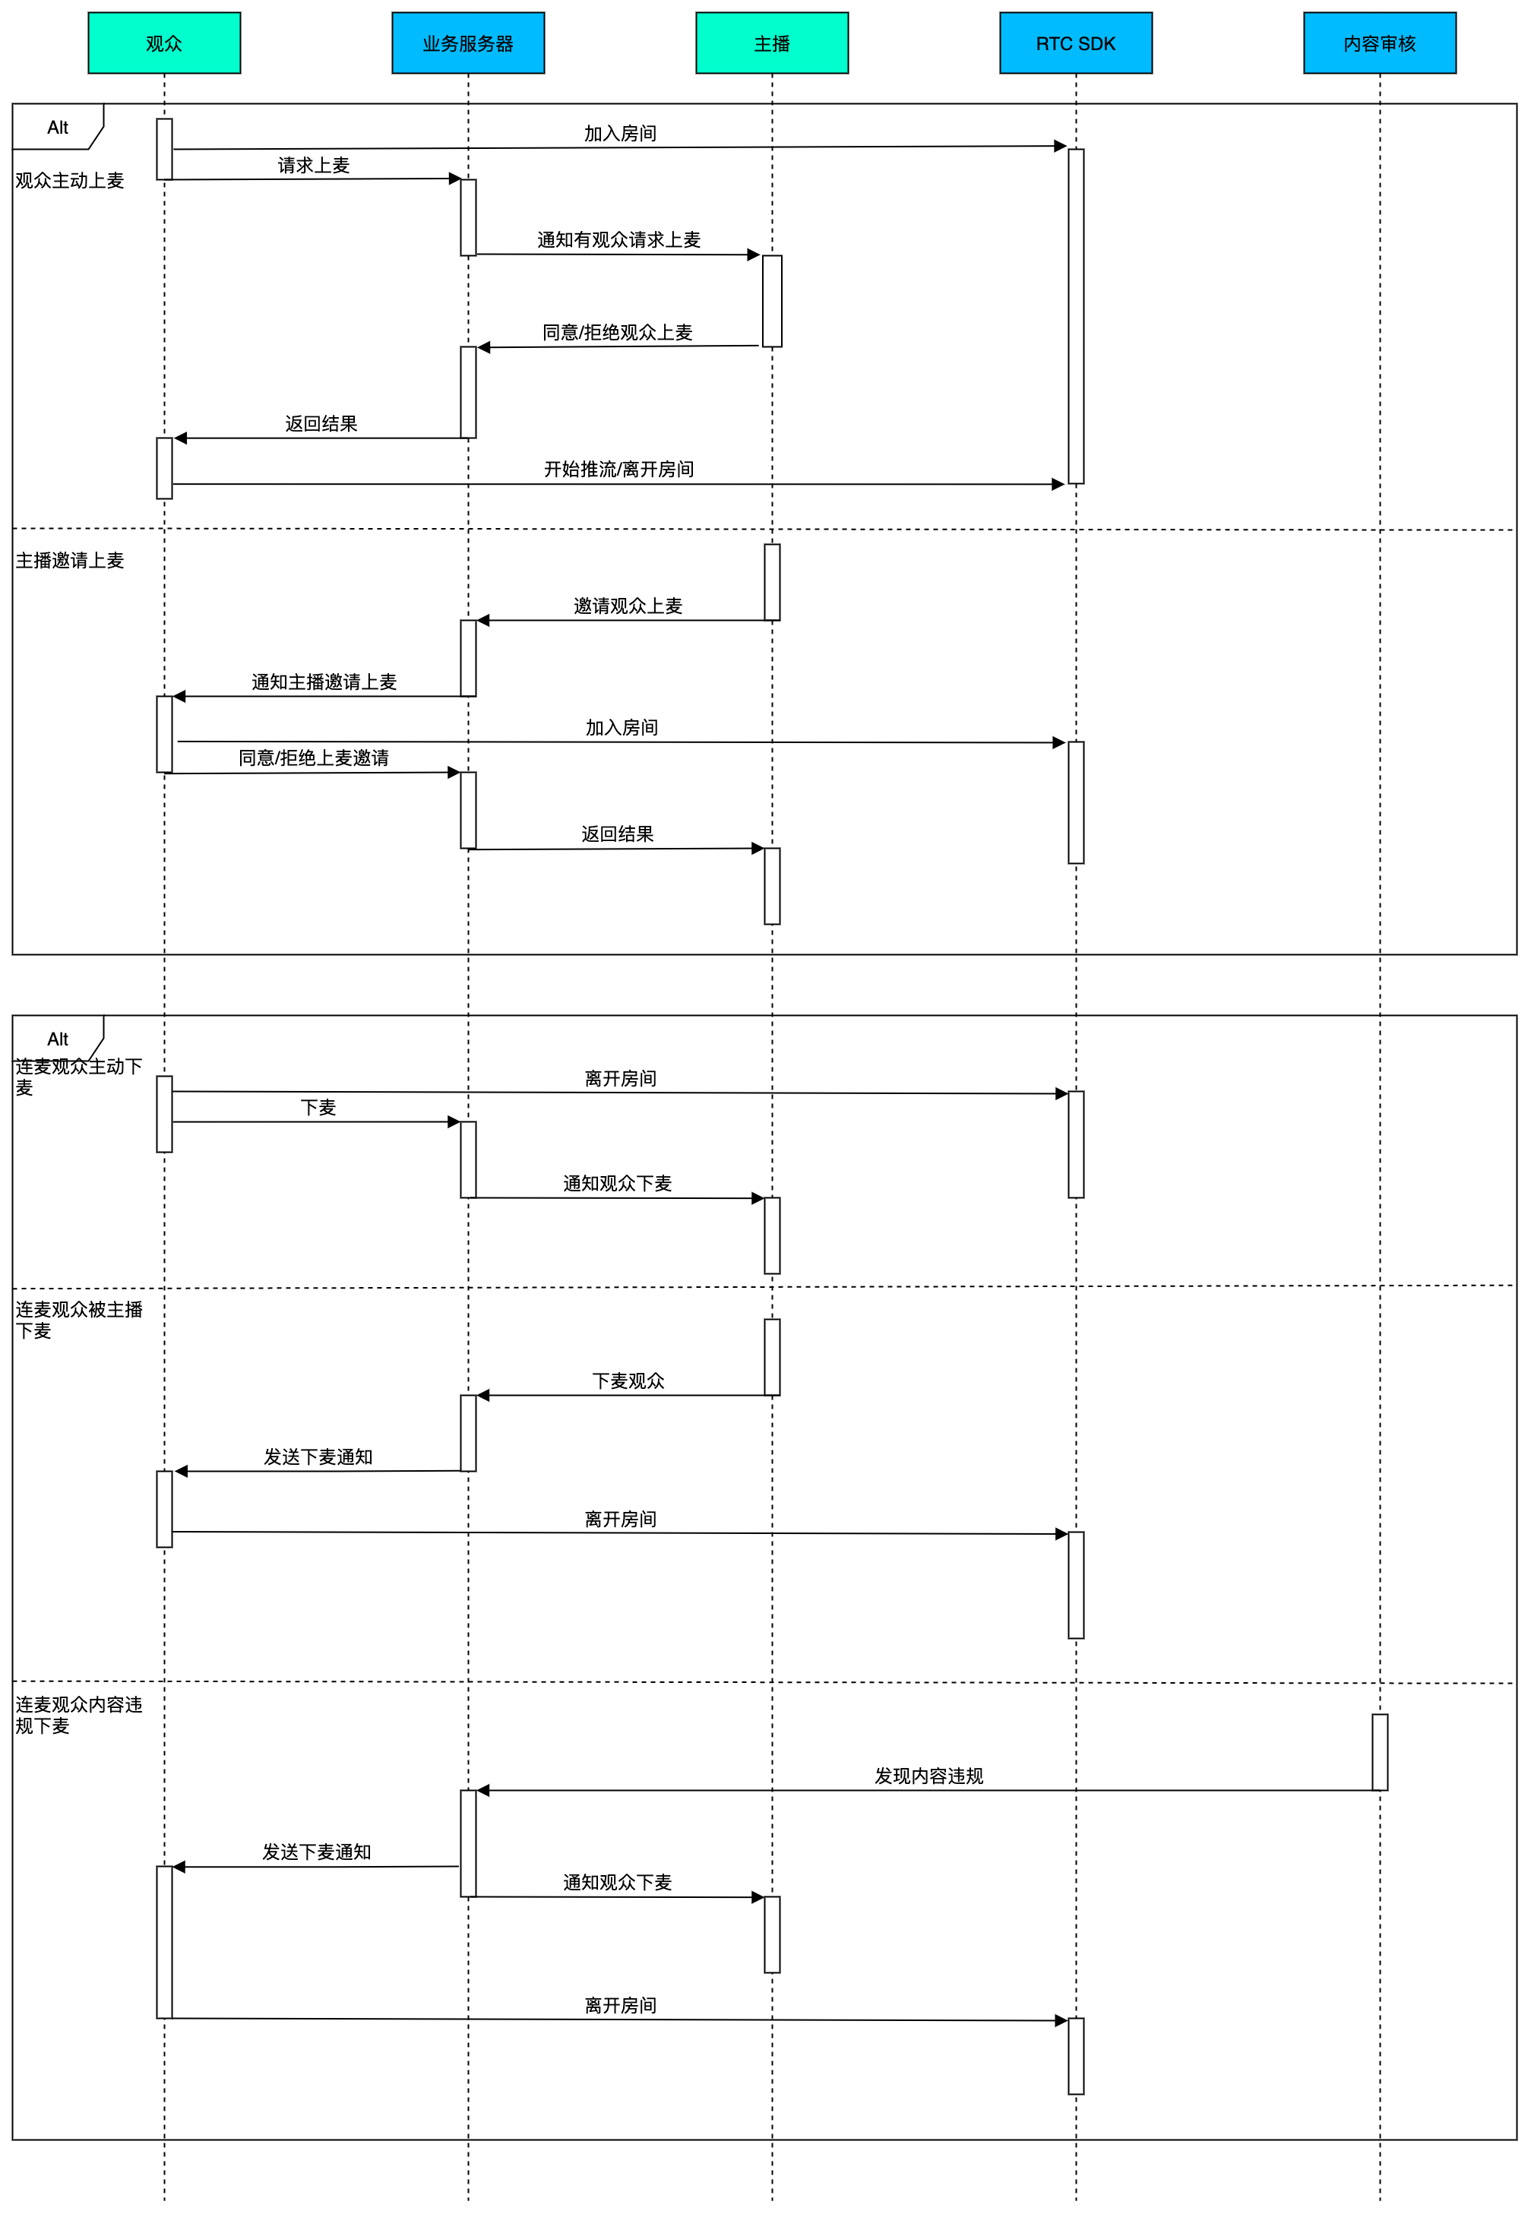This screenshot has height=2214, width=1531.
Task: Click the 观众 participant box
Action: [x=164, y=43]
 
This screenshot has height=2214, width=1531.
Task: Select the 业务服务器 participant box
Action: [x=468, y=43]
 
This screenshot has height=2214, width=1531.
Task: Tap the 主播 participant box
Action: [x=772, y=43]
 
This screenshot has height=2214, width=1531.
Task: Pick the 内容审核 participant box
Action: [x=1380, y=43]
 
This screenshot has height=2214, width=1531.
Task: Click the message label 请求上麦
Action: [x=314, y=165]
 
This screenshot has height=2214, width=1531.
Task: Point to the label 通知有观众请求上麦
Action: [x=618, y=240]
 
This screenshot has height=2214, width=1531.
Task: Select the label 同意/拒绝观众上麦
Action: [x=618, y=332]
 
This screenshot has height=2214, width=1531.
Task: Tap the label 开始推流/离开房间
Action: [x=618, y=469]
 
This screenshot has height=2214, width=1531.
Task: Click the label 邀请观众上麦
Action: [x=628, y=606]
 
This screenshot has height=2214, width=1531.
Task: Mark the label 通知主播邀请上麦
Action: [x=324, y=682]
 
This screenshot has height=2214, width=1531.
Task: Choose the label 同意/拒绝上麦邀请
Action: [x=314, y=758]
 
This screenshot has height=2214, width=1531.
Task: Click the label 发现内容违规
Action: [x=928, y=1776]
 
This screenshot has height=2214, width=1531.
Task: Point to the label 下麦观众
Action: [x=628, y=1381]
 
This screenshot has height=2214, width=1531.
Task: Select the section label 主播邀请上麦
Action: [x=70, y=560]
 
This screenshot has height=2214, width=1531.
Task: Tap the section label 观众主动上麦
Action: [x=70, y=180]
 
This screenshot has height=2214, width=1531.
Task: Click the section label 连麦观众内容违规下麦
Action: [x=79, y=1715]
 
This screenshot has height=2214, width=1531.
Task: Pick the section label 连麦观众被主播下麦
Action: [x=79, y=1320]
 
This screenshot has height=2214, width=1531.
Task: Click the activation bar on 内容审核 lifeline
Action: [x=1380, y=1751]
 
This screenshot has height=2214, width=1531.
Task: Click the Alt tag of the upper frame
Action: [x=58, y=128]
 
